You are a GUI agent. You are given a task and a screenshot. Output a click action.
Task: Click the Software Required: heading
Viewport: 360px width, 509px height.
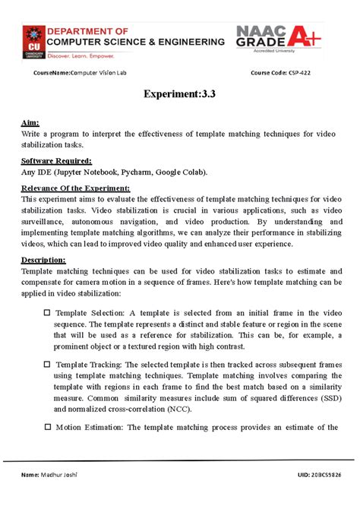(57, 161)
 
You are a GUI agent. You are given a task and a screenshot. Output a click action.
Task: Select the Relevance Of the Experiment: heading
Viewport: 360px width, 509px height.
(76, 188)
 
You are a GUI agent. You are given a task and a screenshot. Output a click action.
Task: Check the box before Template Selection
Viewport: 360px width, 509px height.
(47, 312)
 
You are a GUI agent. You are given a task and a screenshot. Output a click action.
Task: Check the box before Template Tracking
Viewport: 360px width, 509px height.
(47, 364)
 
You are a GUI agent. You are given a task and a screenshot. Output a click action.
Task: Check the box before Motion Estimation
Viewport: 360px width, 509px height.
(47, 427)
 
